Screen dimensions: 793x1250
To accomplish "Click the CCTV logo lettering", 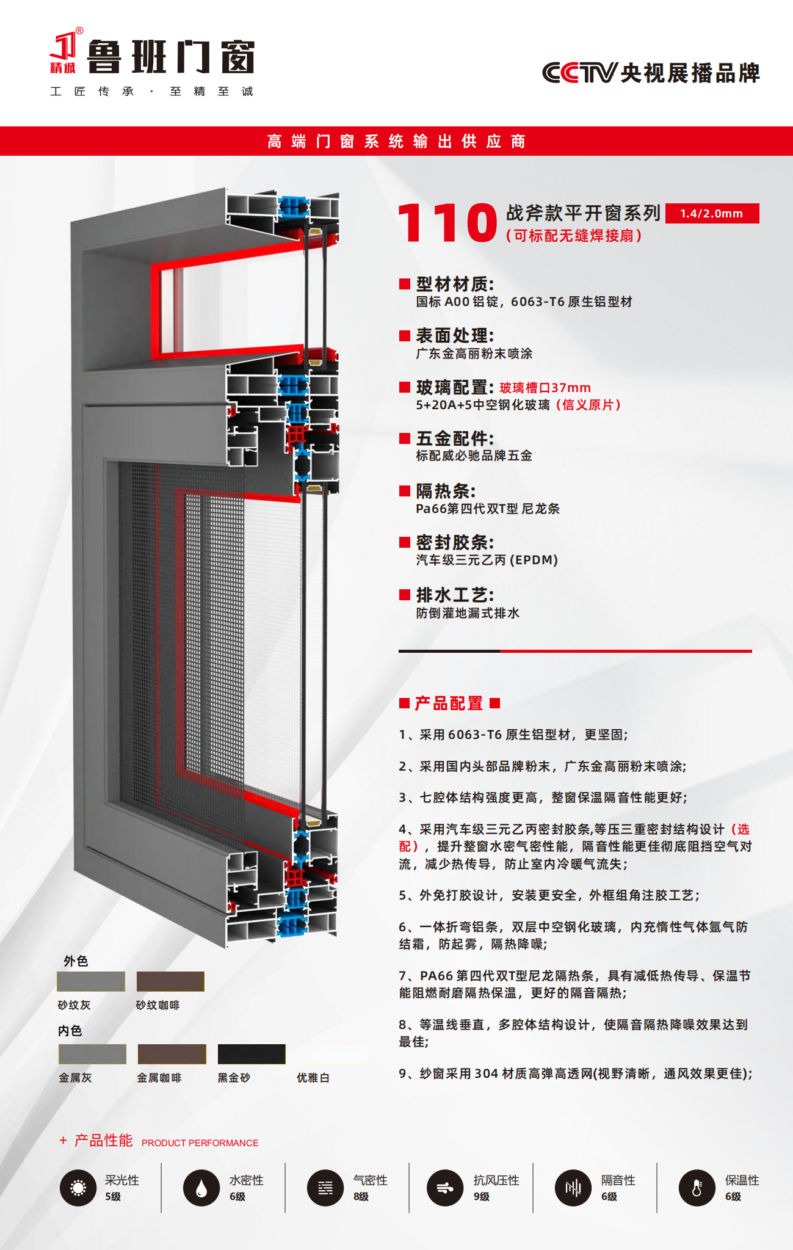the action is [580, 73].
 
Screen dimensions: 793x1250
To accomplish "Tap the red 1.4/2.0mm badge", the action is [712, 213].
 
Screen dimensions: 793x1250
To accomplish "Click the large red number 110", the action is [447, 223].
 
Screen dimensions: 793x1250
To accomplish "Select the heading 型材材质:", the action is [455, 284].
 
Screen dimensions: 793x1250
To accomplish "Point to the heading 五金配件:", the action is [455, 438].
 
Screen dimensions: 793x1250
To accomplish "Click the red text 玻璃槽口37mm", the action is [545, 388].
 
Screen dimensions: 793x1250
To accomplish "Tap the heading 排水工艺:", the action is [455, 595].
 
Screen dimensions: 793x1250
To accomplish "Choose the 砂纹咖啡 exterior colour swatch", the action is [170, 981].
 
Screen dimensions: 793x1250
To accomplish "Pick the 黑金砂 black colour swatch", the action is [252, 1054].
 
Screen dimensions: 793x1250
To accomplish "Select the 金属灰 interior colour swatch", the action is [92, 1054].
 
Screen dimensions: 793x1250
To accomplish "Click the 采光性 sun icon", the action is [78, 1188].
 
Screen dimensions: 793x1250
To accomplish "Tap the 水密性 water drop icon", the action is [201, 1188].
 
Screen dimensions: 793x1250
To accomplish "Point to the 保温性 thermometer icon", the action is [697, 1188].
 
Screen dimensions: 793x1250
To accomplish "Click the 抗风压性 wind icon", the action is [445, 1188].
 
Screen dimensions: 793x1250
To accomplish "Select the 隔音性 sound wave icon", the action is [573, 1188].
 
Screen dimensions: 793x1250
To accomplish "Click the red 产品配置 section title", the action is [449, 703].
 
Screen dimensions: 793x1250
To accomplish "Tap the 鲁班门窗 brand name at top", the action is [171, 57].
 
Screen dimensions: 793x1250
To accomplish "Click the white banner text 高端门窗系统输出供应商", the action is [396, 142].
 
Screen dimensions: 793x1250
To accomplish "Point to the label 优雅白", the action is [313, 1078].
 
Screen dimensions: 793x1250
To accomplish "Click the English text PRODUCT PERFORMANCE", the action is [200, 1143].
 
